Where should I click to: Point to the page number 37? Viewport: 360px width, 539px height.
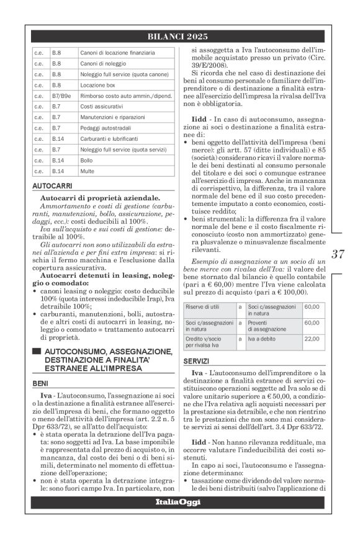tap(338, 253)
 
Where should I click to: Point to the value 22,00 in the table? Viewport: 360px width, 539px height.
tap(312, 338)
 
